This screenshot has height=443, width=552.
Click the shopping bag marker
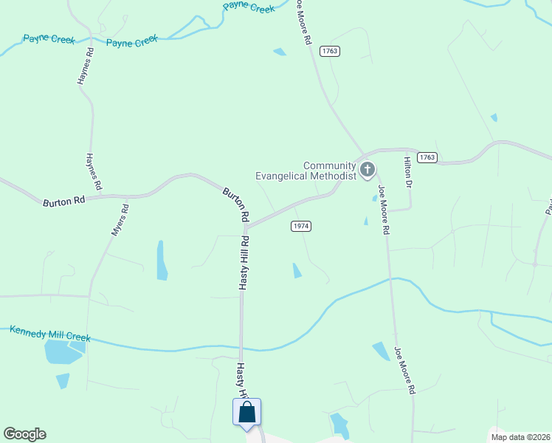(x=246, y=413)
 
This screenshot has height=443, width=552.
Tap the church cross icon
(x=368, y=171)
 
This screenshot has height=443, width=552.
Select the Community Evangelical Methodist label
(x=306, y=171)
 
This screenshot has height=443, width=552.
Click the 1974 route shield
(x=300, y=226)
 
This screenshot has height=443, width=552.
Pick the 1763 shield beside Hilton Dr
(x=427, y=157)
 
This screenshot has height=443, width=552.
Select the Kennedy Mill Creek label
(x=50, y=333)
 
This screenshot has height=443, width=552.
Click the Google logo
(x=24, y=434)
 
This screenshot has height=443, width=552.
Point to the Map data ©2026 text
(x=520, y=436)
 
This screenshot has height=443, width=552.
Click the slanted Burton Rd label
(x=237, y=205)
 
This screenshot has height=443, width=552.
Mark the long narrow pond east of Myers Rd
(x=162, y=260)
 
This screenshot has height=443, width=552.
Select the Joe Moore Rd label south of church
(x=384, y=210)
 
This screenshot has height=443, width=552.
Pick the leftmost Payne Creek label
(x=49, y=39)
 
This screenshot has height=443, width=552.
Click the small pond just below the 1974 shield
(x=297, y=270)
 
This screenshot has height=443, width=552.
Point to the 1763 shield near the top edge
(x=329, y=51)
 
